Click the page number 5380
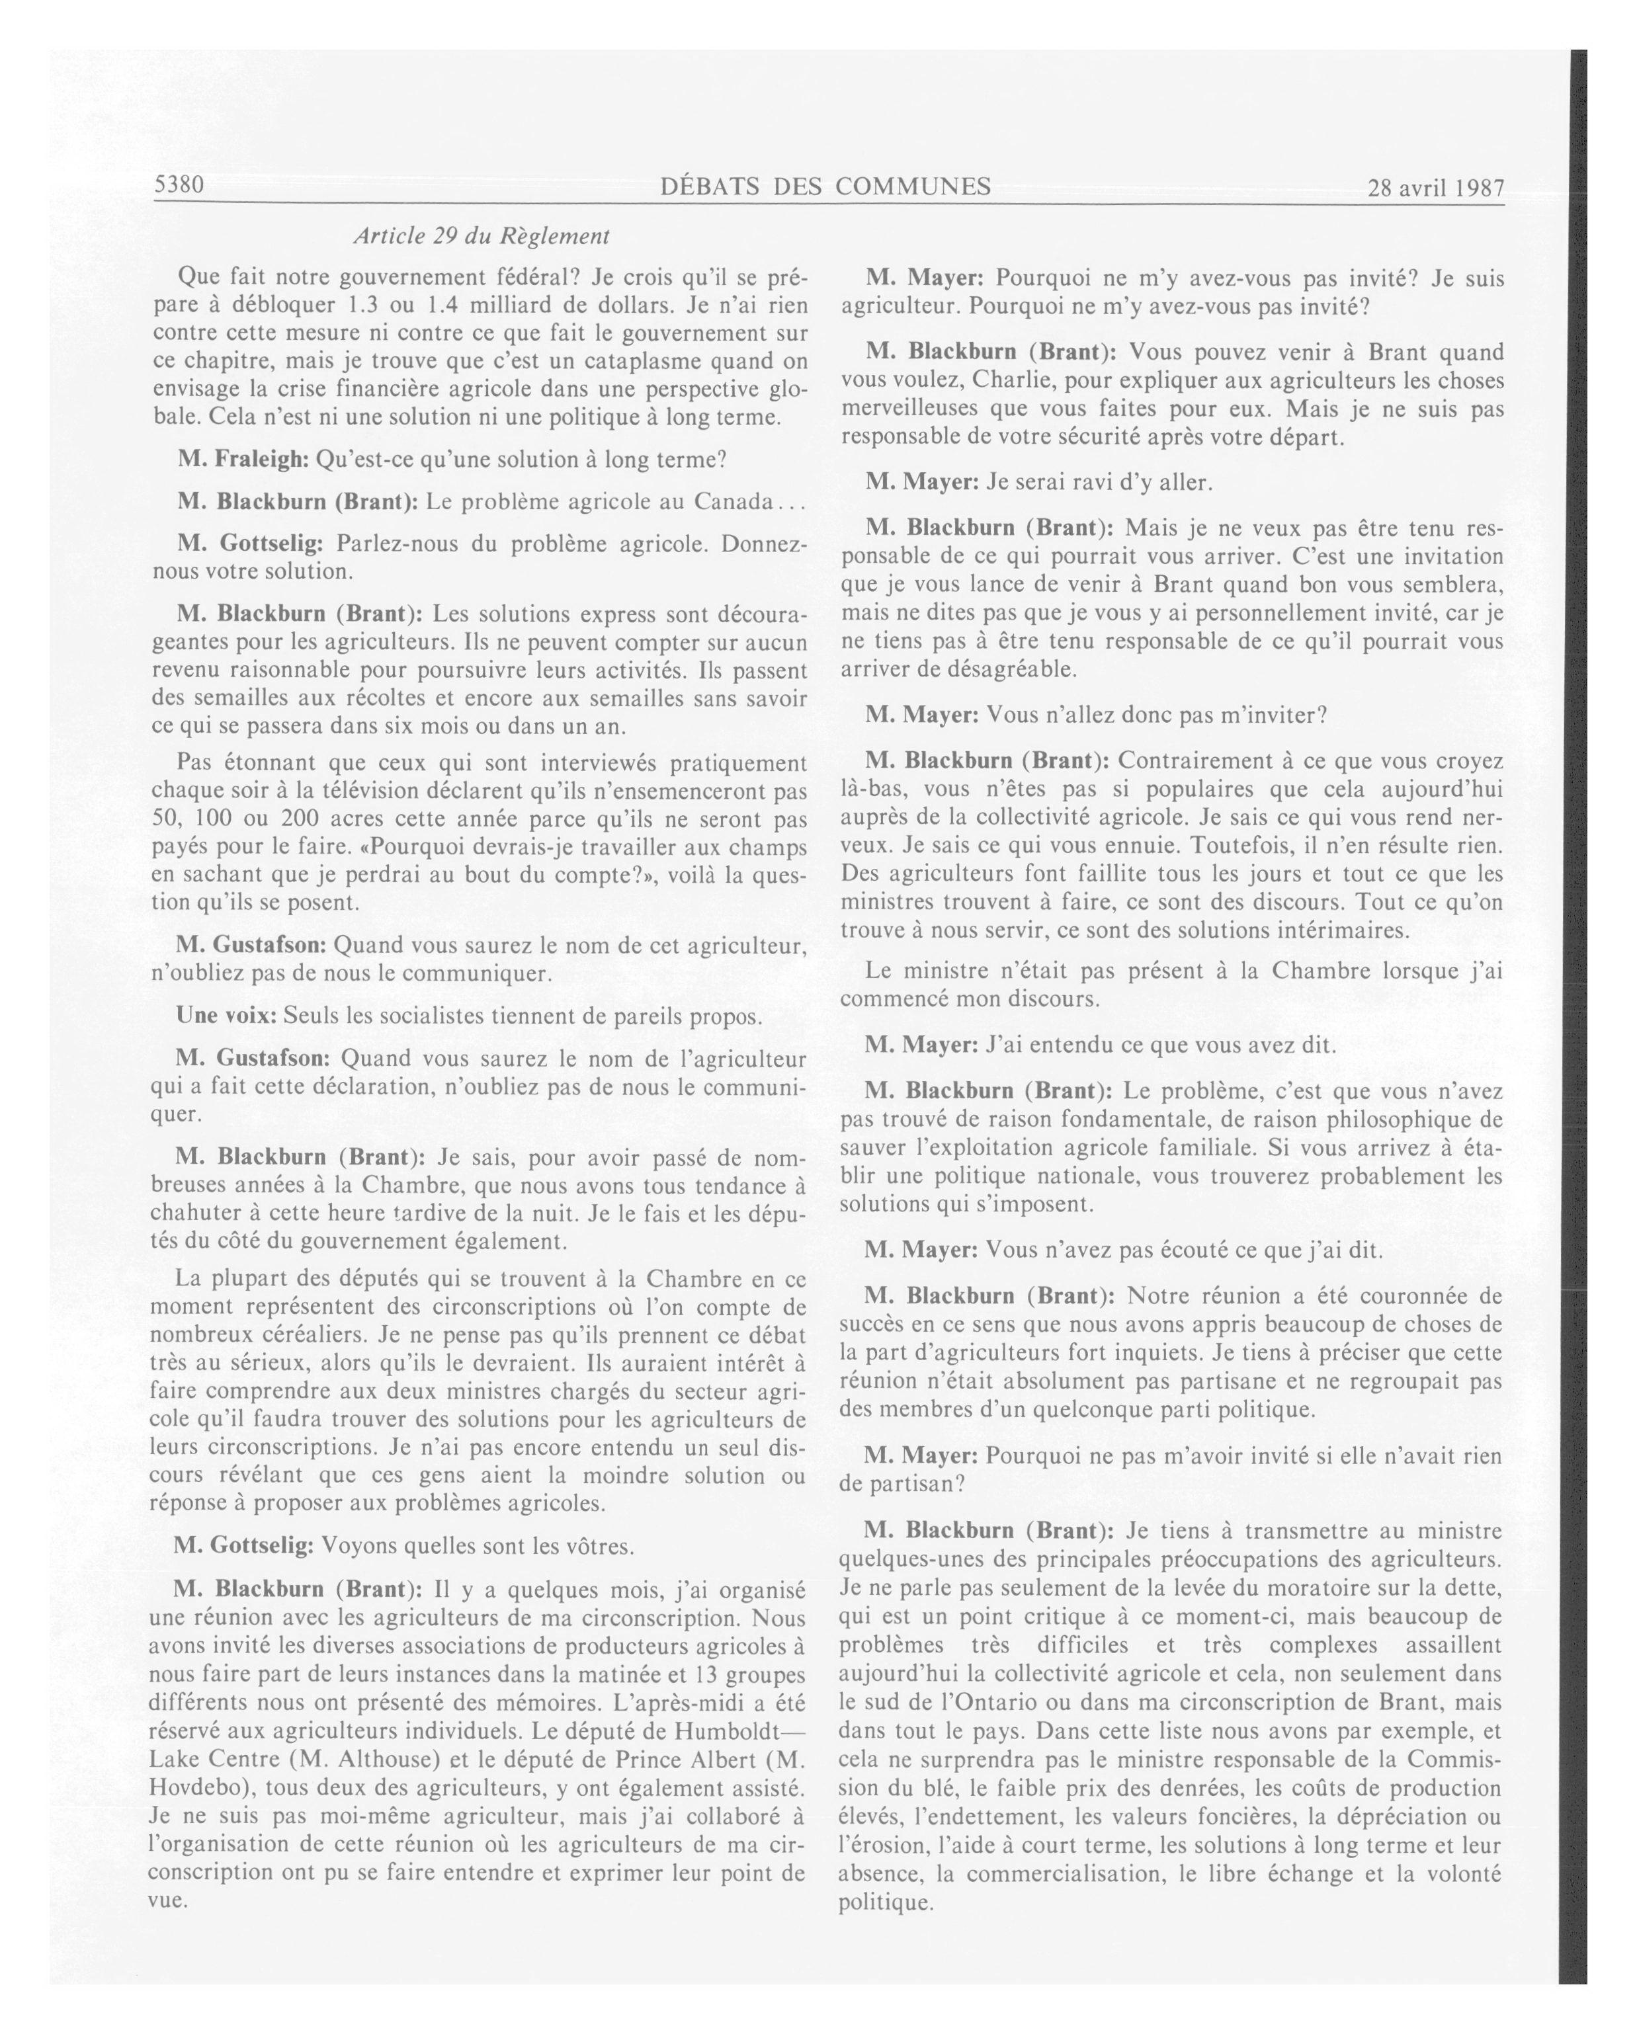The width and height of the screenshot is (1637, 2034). click(x=179, y=185)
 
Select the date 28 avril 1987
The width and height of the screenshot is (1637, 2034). click(x=1435, y=188)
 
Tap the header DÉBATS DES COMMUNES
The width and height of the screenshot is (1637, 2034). click(x=825, y=186)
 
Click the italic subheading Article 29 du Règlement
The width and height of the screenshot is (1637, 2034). click(x=482, y=236)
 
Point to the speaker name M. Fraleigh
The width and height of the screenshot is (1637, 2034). click(x=243, y=460)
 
